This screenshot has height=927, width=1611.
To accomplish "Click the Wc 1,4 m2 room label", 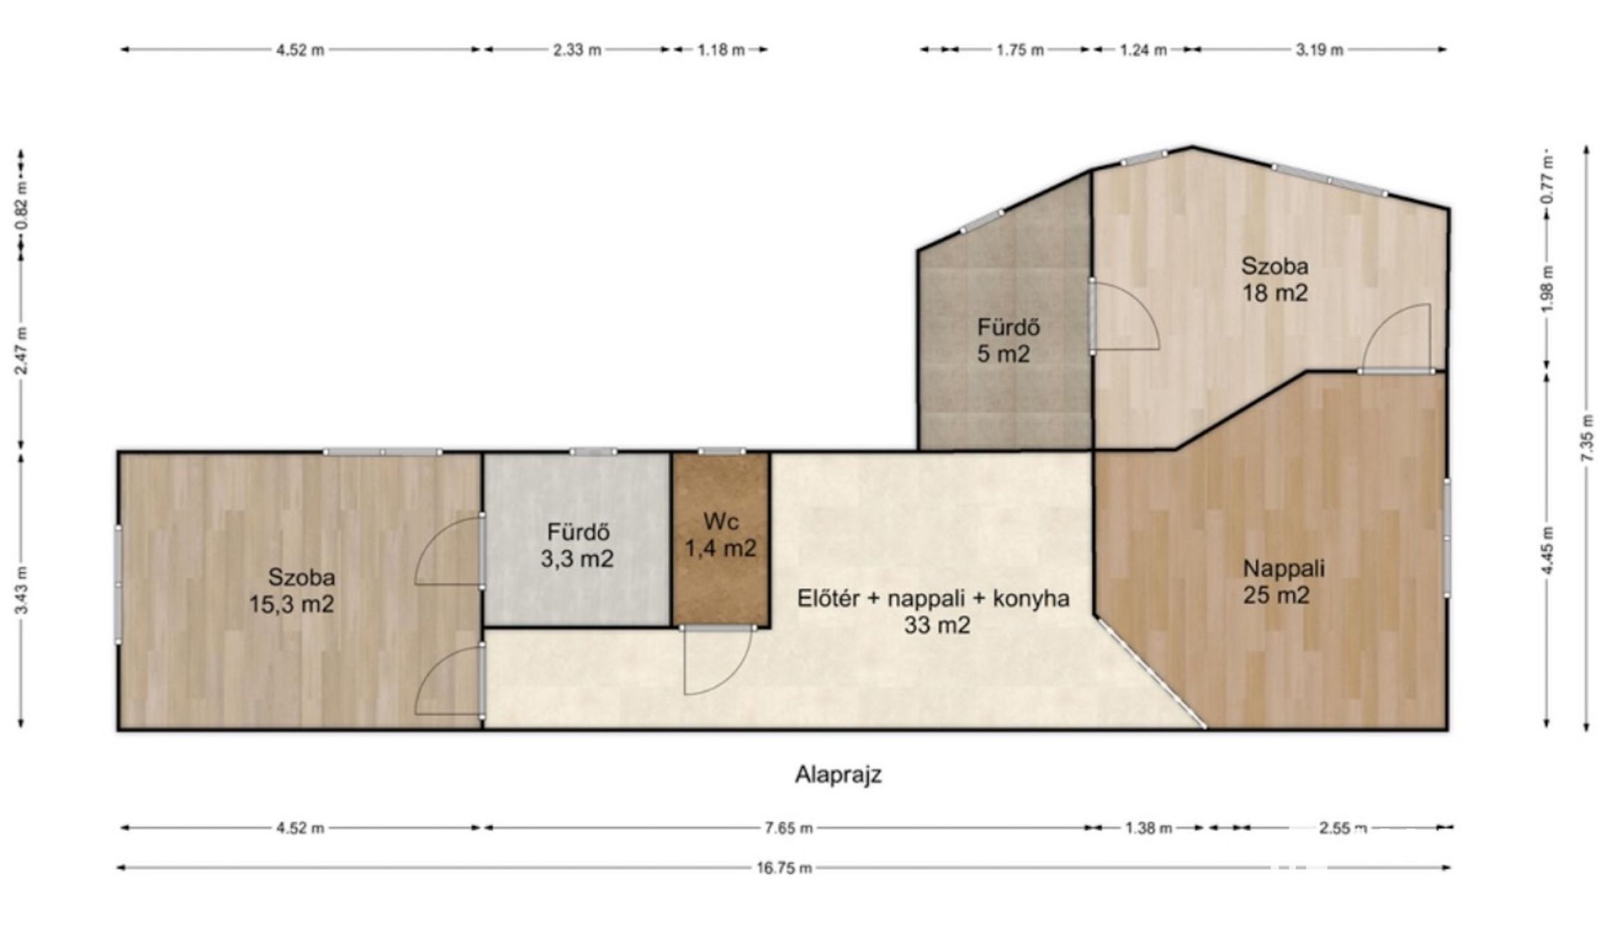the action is pos(720,534).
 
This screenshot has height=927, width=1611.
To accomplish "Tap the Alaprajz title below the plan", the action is pos(838,775).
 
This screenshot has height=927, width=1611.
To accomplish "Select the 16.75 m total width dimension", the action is pos(784,868).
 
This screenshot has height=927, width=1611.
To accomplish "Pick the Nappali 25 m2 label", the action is pos(1284,582).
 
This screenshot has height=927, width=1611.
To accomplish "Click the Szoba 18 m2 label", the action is pos(1275,280).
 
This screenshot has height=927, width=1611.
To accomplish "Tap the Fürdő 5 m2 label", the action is pos(1008,340).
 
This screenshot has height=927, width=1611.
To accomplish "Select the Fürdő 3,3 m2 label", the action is pos(577,545).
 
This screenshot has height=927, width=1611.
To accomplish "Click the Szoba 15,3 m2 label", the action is pos(292,590).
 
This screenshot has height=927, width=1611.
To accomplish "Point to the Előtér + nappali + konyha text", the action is pos(934,599).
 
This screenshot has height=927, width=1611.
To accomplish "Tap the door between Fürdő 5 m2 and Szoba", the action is pos(1124,316).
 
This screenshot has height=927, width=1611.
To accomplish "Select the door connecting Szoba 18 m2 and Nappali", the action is pos(1396,338).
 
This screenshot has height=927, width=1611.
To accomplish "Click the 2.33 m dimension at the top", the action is pos(577,50).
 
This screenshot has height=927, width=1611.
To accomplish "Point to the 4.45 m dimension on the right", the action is pos(1548,550).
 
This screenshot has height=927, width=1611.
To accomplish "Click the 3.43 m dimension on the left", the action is pos(21,591).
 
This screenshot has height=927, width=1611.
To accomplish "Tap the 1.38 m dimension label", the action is pos(1148,828).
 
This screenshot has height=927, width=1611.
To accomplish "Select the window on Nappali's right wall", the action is pos(1446,537).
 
